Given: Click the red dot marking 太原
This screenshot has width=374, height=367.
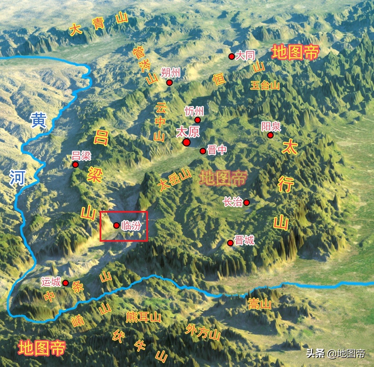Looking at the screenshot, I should pyautogui.click(x=186, y=142).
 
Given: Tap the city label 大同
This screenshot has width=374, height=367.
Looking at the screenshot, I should pyautogui.click(x=245, y=56).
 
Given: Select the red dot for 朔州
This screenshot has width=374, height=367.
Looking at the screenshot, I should pyautogui.click(x=169, y=83).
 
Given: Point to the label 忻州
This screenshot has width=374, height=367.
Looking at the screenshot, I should pyautogui.click(x=194, y=111).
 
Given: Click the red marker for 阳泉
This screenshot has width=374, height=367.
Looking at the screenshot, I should pyautogui.click(x=270, y=135).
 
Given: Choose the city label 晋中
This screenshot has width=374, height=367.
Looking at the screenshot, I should pyautogui.click(x=217, y=150).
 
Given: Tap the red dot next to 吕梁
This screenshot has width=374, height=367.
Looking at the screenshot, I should pyautogui.click(x=75, y=165).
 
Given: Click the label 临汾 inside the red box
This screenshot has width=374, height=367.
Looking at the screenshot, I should pyautogui.click(x=131, y=225).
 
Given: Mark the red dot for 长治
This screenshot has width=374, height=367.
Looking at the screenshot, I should pyautogui.click(x=247, y=202).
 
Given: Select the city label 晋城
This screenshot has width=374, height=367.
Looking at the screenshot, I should pyautogui.click(x=244, y=240).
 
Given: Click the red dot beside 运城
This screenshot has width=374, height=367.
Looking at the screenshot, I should pyautogui.click(x=66, y=283).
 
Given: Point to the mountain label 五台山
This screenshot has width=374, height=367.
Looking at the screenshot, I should pyautogui.click(x=265, y=86).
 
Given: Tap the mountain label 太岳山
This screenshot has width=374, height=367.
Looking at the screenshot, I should pyautogui.click(x=174, y=180).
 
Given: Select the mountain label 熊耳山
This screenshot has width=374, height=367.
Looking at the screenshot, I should pyautogui.click(x=143, y=317).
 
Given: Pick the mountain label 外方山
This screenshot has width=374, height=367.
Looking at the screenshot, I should pyautogui.click(x=203, y=332).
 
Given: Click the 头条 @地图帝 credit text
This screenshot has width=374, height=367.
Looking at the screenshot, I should pyautogui.click(x=336, y=353).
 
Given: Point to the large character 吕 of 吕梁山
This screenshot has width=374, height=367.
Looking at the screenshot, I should pyautogui.click(x=101, y=137).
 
